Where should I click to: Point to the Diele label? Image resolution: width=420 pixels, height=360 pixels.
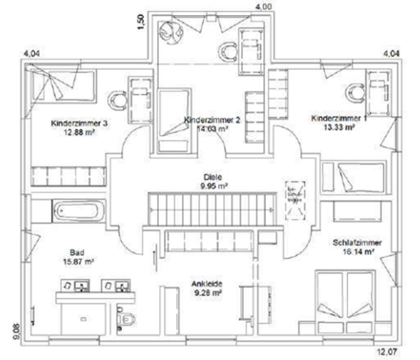coord(211,177)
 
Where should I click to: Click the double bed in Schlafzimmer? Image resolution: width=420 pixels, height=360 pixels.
coord(342,296)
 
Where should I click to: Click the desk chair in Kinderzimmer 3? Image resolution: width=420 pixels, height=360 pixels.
coord(119,99)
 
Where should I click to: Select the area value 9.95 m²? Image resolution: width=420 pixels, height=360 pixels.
coord(211,187)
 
